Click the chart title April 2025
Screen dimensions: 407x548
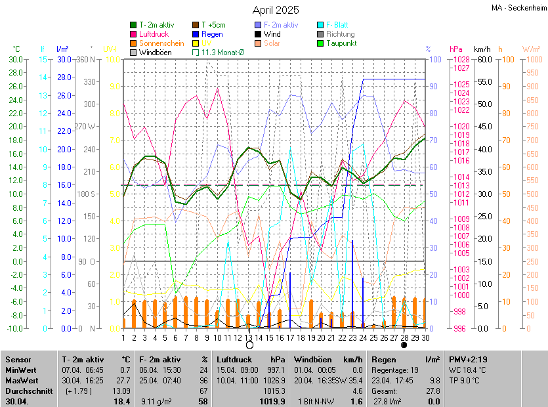tap(276, 10)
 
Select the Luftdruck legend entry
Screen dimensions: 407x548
tap(154, 34)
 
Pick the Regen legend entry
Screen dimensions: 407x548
tap(212, 34)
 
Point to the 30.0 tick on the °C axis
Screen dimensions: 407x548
tap(14, 59)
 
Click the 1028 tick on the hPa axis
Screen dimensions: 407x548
tap(461, 59)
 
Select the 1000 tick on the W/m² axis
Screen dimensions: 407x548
tap(532, 59)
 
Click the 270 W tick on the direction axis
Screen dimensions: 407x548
tap(87, 126)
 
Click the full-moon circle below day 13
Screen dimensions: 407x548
tap(249, 345)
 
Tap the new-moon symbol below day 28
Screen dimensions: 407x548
tap(404, 345)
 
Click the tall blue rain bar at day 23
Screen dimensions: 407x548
tap(352, 282)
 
